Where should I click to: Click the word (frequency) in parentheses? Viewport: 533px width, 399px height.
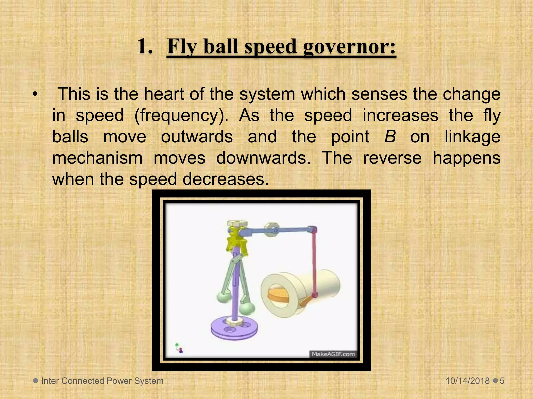(181, 116)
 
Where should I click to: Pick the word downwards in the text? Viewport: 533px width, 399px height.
(263, 158)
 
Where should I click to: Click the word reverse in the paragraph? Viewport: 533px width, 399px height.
(392, 158)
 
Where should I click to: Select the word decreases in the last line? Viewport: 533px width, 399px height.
(225, 179)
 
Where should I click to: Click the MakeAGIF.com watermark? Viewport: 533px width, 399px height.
(333, 354)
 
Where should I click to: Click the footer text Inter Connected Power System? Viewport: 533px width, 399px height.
(102, 381)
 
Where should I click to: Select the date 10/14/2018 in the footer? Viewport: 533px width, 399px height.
(468, 381)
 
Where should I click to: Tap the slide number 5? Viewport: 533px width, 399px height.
(502, 381)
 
